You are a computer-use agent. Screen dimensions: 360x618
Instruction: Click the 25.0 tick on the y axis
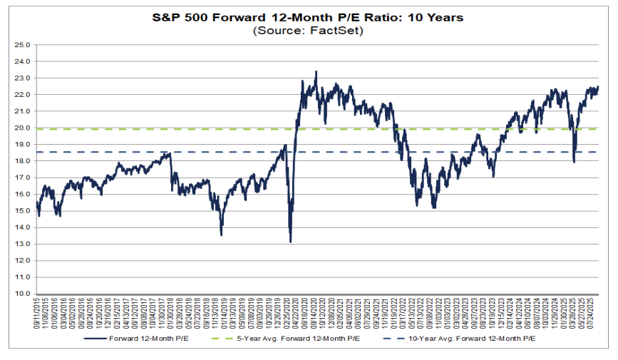(23, 45)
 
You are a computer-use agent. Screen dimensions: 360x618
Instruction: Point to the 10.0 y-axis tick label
(23, 294)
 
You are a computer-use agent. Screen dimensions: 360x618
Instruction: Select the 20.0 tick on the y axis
(23, 128)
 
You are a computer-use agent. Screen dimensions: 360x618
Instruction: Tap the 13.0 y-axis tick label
(23, 244)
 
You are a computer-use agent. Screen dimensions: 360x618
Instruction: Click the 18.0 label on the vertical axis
(23, 161)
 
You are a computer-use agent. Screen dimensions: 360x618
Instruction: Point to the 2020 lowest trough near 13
(290, 242)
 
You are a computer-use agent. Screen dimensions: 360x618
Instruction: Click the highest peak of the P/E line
(316, 71)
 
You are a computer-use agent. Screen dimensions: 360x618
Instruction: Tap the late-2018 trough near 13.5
(221, 235)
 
